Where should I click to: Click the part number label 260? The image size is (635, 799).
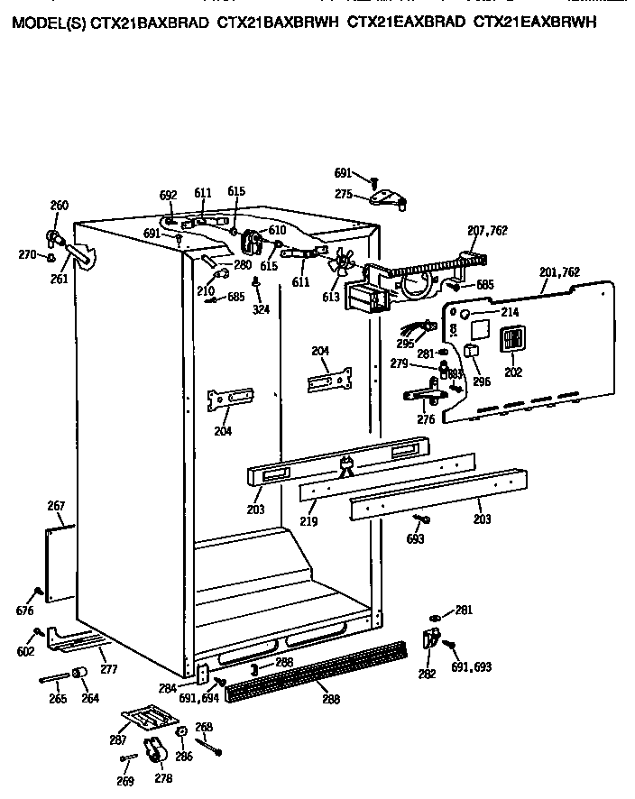[x=59, y=206]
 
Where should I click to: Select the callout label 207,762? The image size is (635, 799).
[x=487, y=232]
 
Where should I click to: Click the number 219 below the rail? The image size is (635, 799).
[x=308, y=522]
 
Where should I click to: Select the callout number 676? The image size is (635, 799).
[x=24, y=611]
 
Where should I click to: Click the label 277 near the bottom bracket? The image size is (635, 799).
[x=108, y=669]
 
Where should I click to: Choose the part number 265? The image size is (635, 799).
[x=59, y=698]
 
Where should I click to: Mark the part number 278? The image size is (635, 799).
[x=163, y=778]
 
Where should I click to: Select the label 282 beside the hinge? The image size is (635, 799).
[x=428, y=673]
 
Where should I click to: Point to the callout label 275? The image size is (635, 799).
[x=344, y=193]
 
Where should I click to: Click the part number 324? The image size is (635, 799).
[x=261, y=310]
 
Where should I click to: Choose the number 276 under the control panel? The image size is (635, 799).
[x=426, y=419]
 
